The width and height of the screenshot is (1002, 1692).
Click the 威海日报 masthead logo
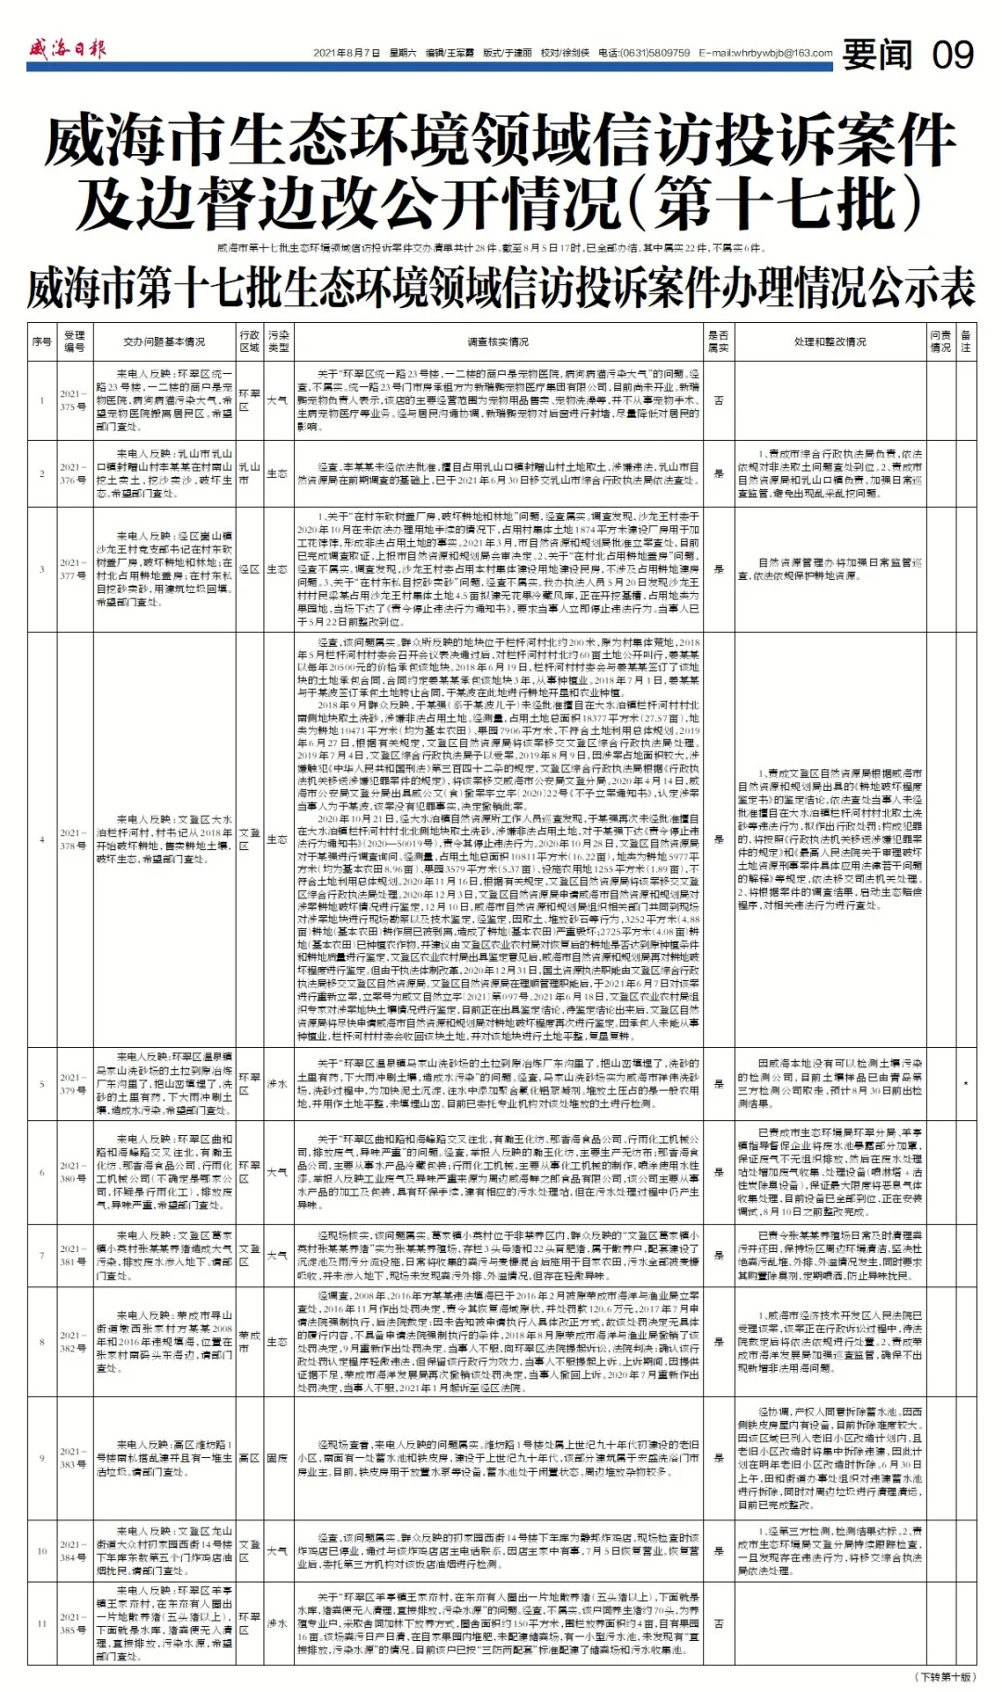[67, 48]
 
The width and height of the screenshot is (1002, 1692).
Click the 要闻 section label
[877, 56]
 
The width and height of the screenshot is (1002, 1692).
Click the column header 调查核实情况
[498, 342]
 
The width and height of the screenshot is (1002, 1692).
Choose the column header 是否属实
[718, 342]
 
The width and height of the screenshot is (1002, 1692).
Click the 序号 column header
[42, 342]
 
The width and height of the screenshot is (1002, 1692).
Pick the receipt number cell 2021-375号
[74, 400]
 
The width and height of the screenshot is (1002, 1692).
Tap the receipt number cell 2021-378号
[74, 839]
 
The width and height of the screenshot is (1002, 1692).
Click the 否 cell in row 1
[718, 400]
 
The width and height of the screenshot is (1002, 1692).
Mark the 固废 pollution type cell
[277, 1458]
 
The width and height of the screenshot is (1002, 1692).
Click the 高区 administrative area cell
[249, 1458]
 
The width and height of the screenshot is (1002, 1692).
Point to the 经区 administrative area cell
[249, 569]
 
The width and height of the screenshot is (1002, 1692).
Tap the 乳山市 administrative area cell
[249, 473]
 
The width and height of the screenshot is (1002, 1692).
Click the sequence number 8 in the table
[42, 1341]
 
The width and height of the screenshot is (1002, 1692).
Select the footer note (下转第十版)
[945, 1677]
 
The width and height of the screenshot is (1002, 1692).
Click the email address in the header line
[766, 54]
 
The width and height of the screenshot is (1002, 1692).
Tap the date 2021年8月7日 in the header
[347, 54]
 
